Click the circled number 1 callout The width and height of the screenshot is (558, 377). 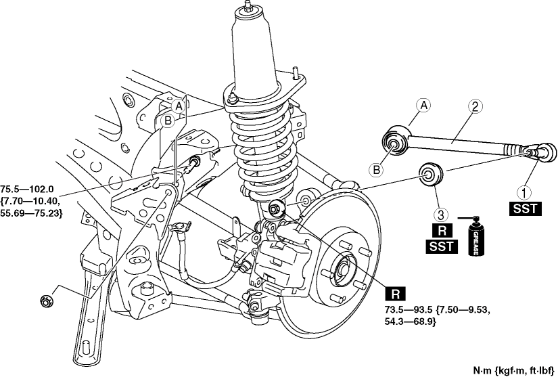pyautogui.click(x=521, y=192)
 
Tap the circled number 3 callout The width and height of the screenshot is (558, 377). pyautogui.click(x=440, y=215)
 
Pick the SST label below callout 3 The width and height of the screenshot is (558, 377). pyautogui.click(x=440, y=247)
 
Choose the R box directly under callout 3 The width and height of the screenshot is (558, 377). pyautogui.click(x=440, y=231)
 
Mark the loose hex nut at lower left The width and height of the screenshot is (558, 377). pyautogui.click(x=47, y=298)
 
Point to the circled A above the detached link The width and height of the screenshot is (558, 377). pyautogui.click(x=424, y=106)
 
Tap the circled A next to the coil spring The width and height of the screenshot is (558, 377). pyautogui.click(x=178, y=106)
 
